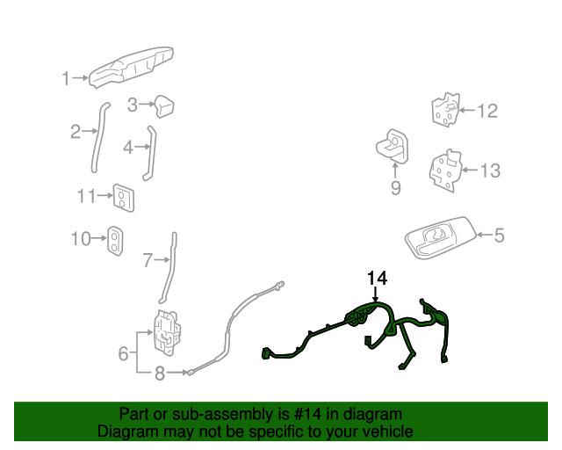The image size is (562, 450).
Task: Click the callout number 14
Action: click(x=377, y=279)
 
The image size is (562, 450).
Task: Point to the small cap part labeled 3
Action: click(x=162, y=106)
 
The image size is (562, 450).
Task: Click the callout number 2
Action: click(x=76, y=133)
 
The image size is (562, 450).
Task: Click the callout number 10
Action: click(x=81, y=238)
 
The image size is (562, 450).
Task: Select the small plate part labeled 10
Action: click(x=115, y=239)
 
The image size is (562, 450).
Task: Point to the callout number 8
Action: click(x=160, y=374)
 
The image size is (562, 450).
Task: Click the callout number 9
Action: click(x=395, y=187)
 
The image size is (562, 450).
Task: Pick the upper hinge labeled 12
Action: click(x=444, y=110)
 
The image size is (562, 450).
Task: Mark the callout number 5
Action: click(x=499, y=236)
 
